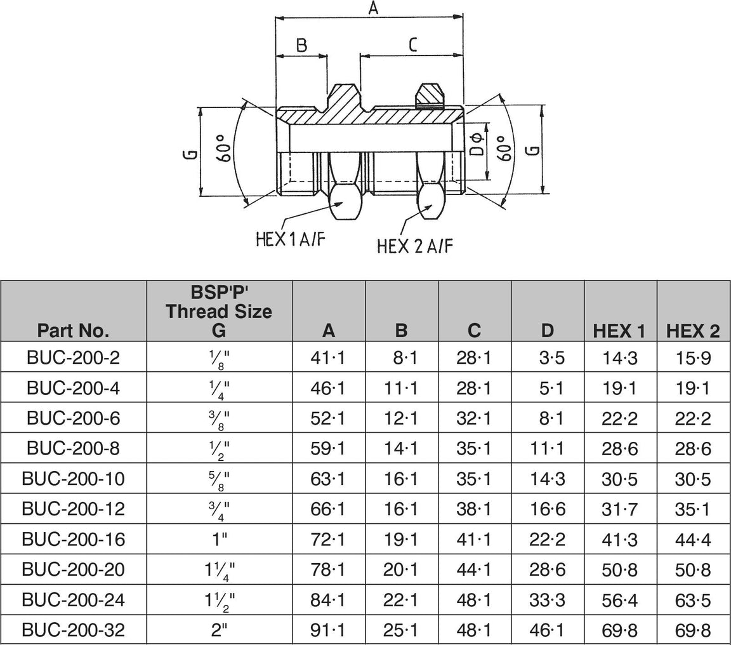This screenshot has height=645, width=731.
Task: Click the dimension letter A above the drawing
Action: (373, 8)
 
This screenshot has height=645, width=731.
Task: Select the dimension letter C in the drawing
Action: (412, 44)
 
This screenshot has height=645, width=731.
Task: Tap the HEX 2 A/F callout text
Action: (415, 246)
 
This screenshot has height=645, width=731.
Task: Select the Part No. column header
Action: (73, 330)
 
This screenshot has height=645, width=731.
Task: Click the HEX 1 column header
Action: (619, 330)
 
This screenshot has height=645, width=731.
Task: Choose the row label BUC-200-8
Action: (73, 449)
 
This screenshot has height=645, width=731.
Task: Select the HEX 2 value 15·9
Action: (693, 358)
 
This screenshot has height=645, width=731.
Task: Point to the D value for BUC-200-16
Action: (547, 539)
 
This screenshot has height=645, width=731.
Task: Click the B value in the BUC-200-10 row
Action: (401, 479)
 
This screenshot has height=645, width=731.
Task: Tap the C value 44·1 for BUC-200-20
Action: (474, 569)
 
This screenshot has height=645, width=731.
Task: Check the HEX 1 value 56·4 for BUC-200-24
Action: (619, 599)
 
